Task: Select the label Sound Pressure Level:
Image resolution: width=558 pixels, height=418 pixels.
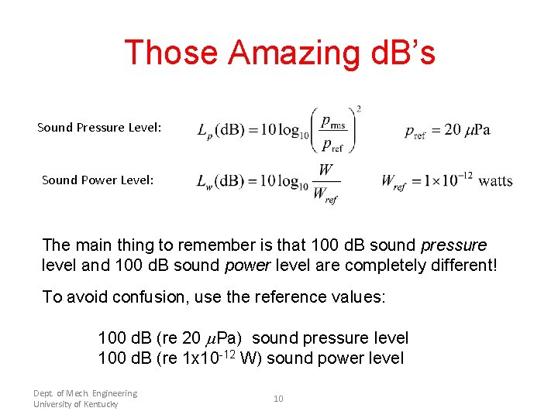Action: pyautogui.click(x=99, y=127)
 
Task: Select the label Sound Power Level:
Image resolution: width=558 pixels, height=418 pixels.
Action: pyautogui.click(x=98, y=180)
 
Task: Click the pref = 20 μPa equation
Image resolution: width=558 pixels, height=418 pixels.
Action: pyautogui.click(x=447, y=130)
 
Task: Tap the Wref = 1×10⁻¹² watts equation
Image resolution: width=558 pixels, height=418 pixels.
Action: pyautogui.click(x=446, y=180)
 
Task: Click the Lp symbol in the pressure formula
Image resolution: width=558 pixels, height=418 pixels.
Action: pyautogui.click(x=205, y=132)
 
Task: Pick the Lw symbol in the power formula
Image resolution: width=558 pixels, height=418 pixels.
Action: pyautogui.click(x=205, y=182)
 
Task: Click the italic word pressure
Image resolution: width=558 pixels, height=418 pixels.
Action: pyautogui.click(x=453, y=245)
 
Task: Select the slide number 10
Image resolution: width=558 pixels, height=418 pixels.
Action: pyautogui.click(x=278, y=399)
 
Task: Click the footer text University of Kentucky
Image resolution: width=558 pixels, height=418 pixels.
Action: pyautogui.click(x=76, y=404)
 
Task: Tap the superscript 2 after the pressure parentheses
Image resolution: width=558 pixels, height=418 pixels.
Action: pyautogui.click(x=358, y=109)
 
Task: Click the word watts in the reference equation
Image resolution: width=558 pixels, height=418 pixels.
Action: pyautogui.click(x=495, y=181)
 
